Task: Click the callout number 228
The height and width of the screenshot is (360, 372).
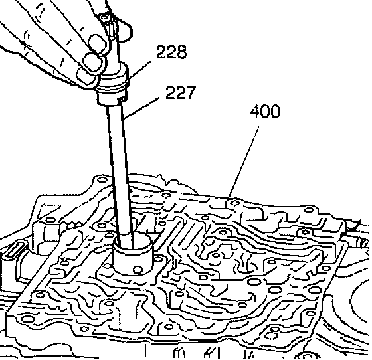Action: click(x=171, y=51)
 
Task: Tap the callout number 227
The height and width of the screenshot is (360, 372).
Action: click(x=181, y=92)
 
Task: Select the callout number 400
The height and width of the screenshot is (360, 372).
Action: click(x=265, y=111)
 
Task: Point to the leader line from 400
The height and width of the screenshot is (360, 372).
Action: click(x=243, y=162)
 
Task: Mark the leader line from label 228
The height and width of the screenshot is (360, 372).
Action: click(x=139, y=70)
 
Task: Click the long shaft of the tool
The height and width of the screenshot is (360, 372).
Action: click(x=120, y=171)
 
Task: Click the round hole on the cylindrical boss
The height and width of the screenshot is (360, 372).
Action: click(x=138, y=270)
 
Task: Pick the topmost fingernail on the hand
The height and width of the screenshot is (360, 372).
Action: click(x=98, y=43)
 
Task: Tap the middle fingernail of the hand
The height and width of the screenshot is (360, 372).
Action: click(x=92, y=62)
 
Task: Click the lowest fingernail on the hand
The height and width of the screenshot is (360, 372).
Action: click(x=86, y=76)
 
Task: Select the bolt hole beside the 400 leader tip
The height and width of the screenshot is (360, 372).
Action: click(x=235, y=203)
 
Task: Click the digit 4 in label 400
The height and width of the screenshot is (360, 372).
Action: click(x=255, y=111)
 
